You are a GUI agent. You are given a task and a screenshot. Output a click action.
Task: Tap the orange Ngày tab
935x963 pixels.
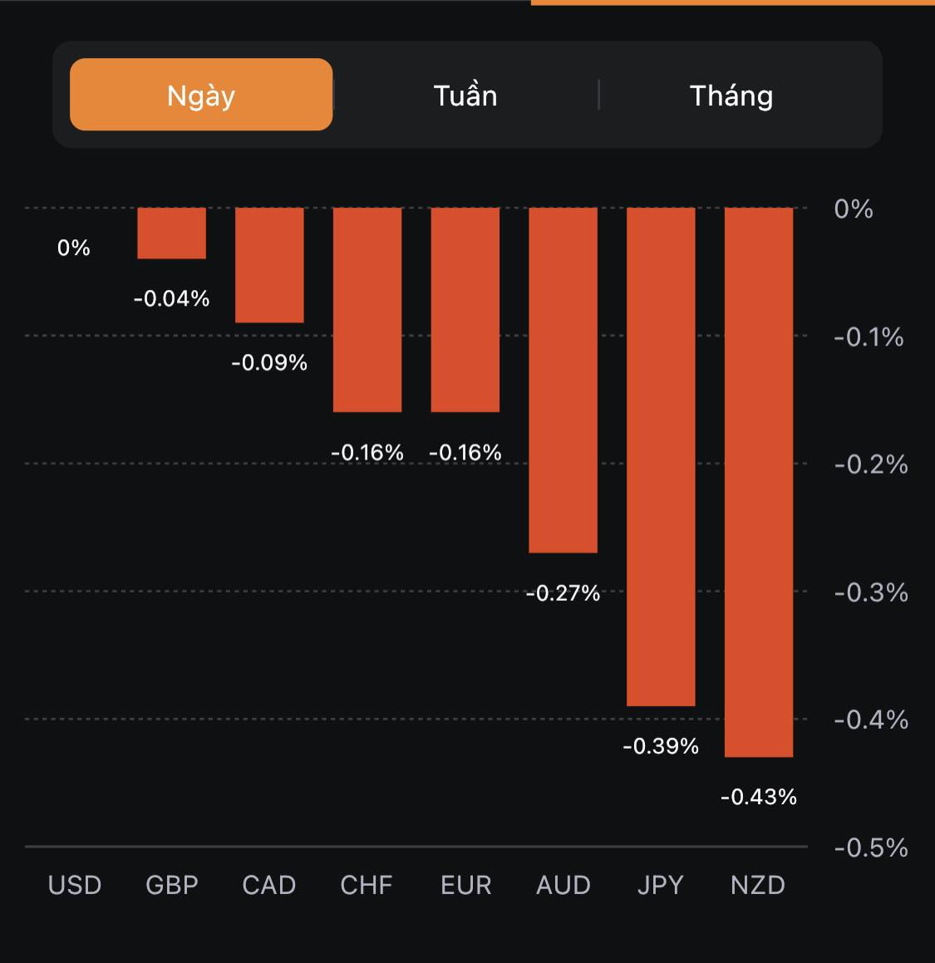pyautogui.click(x=201, y=95)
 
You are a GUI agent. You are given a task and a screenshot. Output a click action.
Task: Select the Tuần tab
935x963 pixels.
pyautogui.click(x=465, y=96)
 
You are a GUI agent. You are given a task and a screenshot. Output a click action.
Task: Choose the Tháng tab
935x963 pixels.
pyautogui.click(x=731, y=96)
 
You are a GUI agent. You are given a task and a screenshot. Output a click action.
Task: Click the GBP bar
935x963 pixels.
pyautogui.click(x=171, y=233)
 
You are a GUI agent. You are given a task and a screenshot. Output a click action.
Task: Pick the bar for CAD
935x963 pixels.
pyautogui.click(x=269, y=265)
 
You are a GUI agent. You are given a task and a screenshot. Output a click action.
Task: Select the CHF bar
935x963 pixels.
pyautogui.click(x=367, y=310)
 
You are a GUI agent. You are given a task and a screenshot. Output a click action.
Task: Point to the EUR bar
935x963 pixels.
pyautogui.click(x=465, y=310)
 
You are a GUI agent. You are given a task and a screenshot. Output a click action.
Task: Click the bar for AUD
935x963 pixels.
pyautogui.click(x=563, y=380)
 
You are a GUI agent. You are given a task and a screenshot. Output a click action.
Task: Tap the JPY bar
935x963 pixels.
pyautogui.click(x=661, y=457)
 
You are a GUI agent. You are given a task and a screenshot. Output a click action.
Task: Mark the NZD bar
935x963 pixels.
pyautogui.click(x=759, y=482)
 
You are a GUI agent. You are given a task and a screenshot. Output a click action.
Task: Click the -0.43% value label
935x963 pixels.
pyautogui.click(x=759, y=797)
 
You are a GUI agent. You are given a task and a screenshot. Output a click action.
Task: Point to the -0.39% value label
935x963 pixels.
pyautogui.click(x=661, y=746)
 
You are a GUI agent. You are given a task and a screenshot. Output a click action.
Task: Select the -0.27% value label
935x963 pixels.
pyautogui.click(x=563, y=592)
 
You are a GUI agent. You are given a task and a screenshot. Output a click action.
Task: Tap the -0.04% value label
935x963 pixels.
pyautogui.click(x=171, y=298)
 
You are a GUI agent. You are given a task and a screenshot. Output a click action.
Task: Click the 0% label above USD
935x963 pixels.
pyautogui.click(x=73, y=248)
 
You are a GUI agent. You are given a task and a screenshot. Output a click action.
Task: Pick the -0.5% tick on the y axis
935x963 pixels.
pyautogui.click(x=870, y=848)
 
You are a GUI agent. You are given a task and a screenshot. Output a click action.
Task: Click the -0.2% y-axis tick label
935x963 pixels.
pyautogui.click(x=870, y=464)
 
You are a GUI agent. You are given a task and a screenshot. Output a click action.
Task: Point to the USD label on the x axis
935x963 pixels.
pyautogui.click(x=75, y=885)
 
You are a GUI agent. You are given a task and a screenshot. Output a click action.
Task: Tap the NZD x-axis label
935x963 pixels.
pyautogui.click(x=758, y=885)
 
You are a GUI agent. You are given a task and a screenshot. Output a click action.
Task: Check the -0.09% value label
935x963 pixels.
pyautogui.click(x=269, y=362)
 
